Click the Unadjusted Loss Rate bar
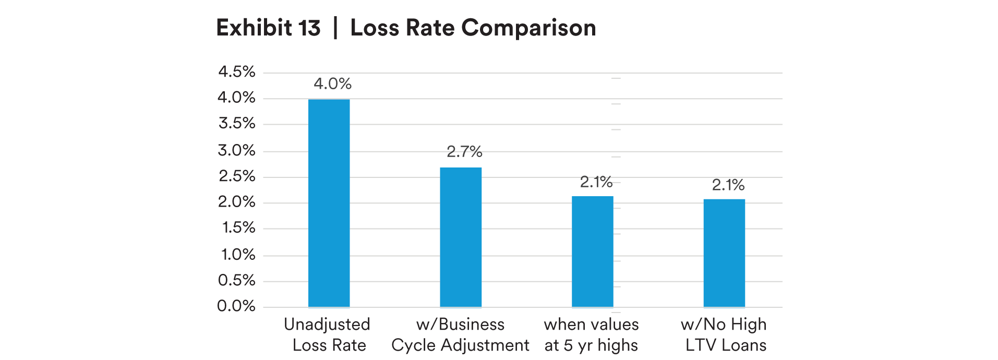pyautogui.click(x=329, y=203)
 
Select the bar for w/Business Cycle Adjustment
pyautogui.click(x=461, y=237)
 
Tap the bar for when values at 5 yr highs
pyautogui.click(x=592, y=251)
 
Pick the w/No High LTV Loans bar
pyautogui.click(x=724, y=253)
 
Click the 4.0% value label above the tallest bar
pyautogui.click(x=333, y=83)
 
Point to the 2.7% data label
pyautogui.click(x=464, y=152)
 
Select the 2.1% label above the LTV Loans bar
pyautogui.click(x=728, y=185)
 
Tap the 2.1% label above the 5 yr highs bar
pyautogui.click(x=596, y=182)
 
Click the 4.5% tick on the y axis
pyautogui.click(x=237, y=71)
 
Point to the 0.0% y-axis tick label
pyautogui.click(x=236, y=306)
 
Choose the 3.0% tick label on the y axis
pyautogui.click(x=237, y=151)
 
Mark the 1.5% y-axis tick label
pyautogui.click(x=238, y=227)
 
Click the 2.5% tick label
pyautogui.click(x=237, y=176)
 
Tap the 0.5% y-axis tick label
pyautogui.click(x=237, y=280)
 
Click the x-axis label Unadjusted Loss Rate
pyautogui.click(x=328, y=334)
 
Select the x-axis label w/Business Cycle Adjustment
pyautogui.click(x=460, y=334)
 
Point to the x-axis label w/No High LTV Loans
pyautogui.click(x=724, y=334)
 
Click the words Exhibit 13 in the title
pyautogui.click(x=268, y=28)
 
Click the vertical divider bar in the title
pyautogui.click(x=335, y=28)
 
